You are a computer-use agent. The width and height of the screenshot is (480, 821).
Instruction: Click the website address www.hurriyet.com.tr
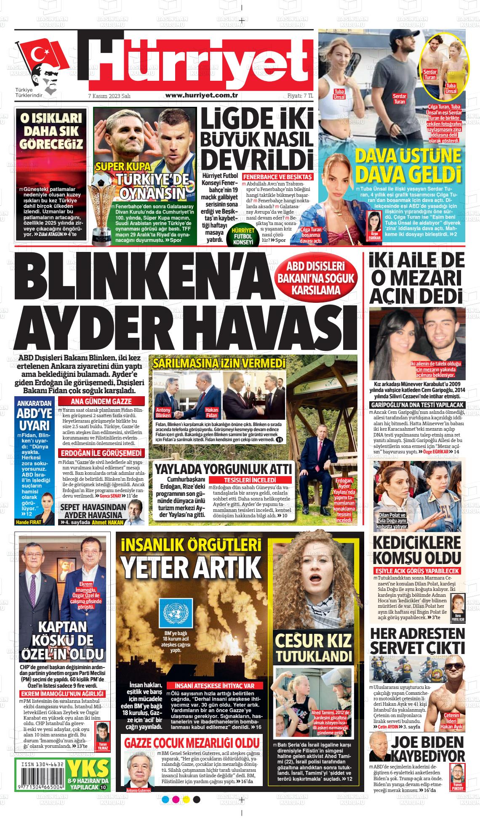coord(202,95)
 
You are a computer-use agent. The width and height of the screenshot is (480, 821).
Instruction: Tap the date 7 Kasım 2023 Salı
coord(109,96)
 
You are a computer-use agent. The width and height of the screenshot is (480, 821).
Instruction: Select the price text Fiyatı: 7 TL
coord(300,95)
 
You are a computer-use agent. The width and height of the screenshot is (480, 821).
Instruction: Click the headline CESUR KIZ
coord(313,641)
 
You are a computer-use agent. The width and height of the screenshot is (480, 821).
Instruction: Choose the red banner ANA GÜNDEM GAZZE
coord(101,401)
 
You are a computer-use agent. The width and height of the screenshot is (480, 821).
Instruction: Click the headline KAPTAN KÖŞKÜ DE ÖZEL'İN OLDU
coord(62,641)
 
